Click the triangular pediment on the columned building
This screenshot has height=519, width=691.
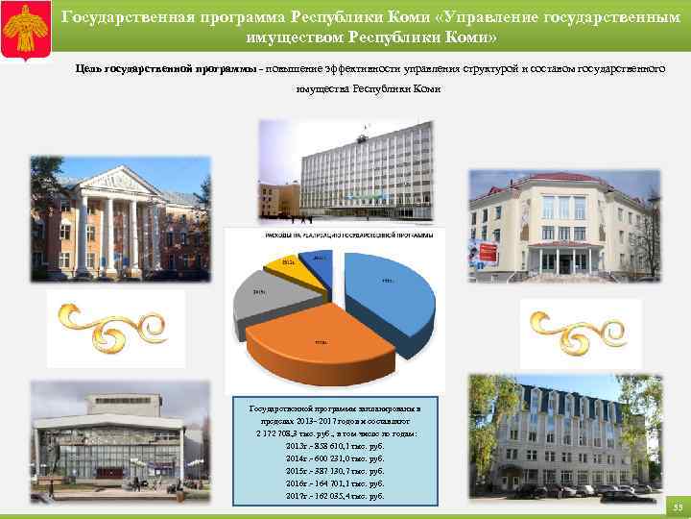[120, 180]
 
